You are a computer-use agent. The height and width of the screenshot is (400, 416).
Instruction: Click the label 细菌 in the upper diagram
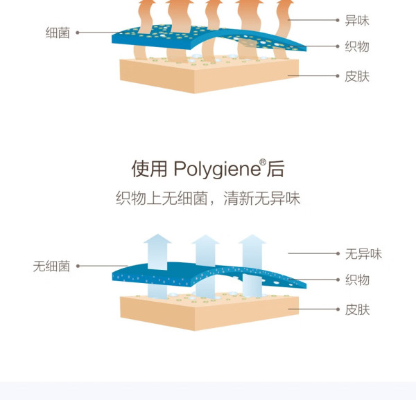tap(58, 33)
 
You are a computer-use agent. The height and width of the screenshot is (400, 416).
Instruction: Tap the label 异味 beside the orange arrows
tap(357, 20)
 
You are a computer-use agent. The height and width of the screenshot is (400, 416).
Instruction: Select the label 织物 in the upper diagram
tap(357, 46)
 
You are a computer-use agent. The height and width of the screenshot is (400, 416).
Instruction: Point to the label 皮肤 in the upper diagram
tap(357, 76)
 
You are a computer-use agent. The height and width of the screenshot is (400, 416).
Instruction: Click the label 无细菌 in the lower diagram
tap(51, 266)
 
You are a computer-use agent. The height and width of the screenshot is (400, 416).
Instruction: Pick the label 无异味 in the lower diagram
tap(363, 254)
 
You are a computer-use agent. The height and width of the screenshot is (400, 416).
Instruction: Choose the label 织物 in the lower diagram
tap(357, 280)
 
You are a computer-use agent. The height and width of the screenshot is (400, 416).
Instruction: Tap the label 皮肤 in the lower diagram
tap(357, 309)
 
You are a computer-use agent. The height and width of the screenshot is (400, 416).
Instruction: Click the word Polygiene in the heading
tap(217, 170)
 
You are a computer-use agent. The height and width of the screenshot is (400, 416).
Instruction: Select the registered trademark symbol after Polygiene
tap(263, 162)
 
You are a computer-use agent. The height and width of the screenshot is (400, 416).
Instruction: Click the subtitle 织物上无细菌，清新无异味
tap(208, 198)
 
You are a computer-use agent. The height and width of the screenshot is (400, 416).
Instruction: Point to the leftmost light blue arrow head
tap(157, 239)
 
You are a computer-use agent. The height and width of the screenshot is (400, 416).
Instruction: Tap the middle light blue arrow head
tap(205, 239)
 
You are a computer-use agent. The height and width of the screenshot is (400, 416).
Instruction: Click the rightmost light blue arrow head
tap(252, 239)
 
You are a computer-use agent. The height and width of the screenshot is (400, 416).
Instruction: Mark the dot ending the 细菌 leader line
tap(78, 33)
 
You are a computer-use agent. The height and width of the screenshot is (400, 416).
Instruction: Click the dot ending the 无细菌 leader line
tap(78, 266)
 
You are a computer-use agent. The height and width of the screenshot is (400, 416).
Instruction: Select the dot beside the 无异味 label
tap(338, 253)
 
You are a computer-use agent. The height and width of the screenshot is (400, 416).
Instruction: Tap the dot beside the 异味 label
tap(338, 20)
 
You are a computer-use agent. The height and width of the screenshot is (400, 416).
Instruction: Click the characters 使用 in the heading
tap(149, 169)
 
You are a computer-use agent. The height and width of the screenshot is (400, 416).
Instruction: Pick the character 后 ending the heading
tap(276, 169)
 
